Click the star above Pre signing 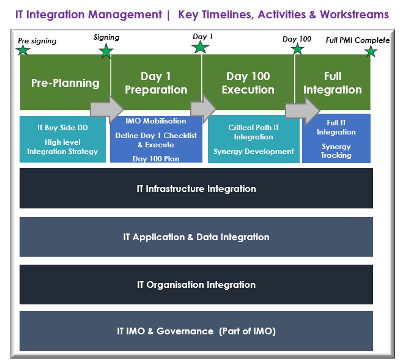coord(23,50)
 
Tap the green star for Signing coord(106,51)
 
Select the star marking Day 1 coord(201,46)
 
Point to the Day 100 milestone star coord(298,49)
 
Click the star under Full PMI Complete coord(371,51)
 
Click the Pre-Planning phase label coord(65,83)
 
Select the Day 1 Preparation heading coord(156,83)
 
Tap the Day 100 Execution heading coord(248,83)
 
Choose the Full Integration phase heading coord(333,83)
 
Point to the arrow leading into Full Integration coord(302,109)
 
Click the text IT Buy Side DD coord(62,128)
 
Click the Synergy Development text coord(253,152)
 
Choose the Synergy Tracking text coord(336,151)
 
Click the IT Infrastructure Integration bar coord(196,189)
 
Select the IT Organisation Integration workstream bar coord(196,285)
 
